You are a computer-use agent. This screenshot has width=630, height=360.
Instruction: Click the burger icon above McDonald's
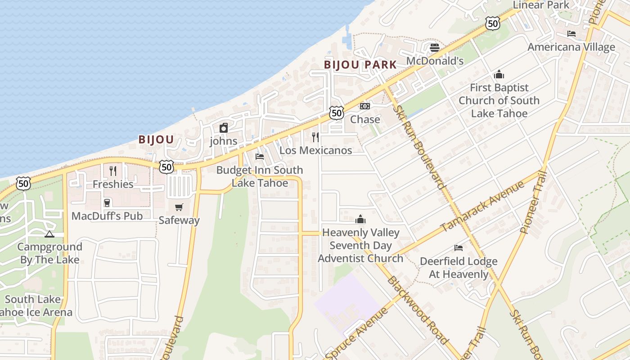pos(434,47)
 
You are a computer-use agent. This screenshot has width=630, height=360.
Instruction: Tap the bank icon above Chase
pos(365,106)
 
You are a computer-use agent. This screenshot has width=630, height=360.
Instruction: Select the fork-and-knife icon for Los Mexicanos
pos(315,137)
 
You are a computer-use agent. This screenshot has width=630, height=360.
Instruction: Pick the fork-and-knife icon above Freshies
pos(113,171)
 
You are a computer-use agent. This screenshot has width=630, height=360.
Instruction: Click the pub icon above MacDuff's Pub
pos(107,203)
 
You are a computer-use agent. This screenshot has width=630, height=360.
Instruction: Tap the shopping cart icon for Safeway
pos(179,207)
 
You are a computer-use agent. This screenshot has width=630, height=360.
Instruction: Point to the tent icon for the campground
pos(49,234)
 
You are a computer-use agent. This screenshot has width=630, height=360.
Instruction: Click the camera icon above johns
pos(224,128)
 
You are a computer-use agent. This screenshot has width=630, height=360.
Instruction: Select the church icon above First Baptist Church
pos(499,74)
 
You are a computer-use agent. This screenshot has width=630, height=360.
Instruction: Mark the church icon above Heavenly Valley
pos(360,219)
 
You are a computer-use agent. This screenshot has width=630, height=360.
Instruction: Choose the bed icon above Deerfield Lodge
pos(459,248)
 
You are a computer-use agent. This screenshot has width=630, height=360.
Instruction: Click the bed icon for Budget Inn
pos(260,157)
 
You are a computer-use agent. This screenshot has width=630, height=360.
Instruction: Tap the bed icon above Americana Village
pos(571,34)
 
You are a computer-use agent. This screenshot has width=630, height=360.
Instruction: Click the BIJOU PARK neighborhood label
pos(360,65)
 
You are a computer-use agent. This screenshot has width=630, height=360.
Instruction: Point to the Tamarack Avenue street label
pos(482,206)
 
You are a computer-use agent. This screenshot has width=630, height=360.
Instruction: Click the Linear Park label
pos(541,5)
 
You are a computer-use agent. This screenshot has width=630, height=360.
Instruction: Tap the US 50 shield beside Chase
pos(337,112)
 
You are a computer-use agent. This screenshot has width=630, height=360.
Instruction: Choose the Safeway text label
pos(179,220)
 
